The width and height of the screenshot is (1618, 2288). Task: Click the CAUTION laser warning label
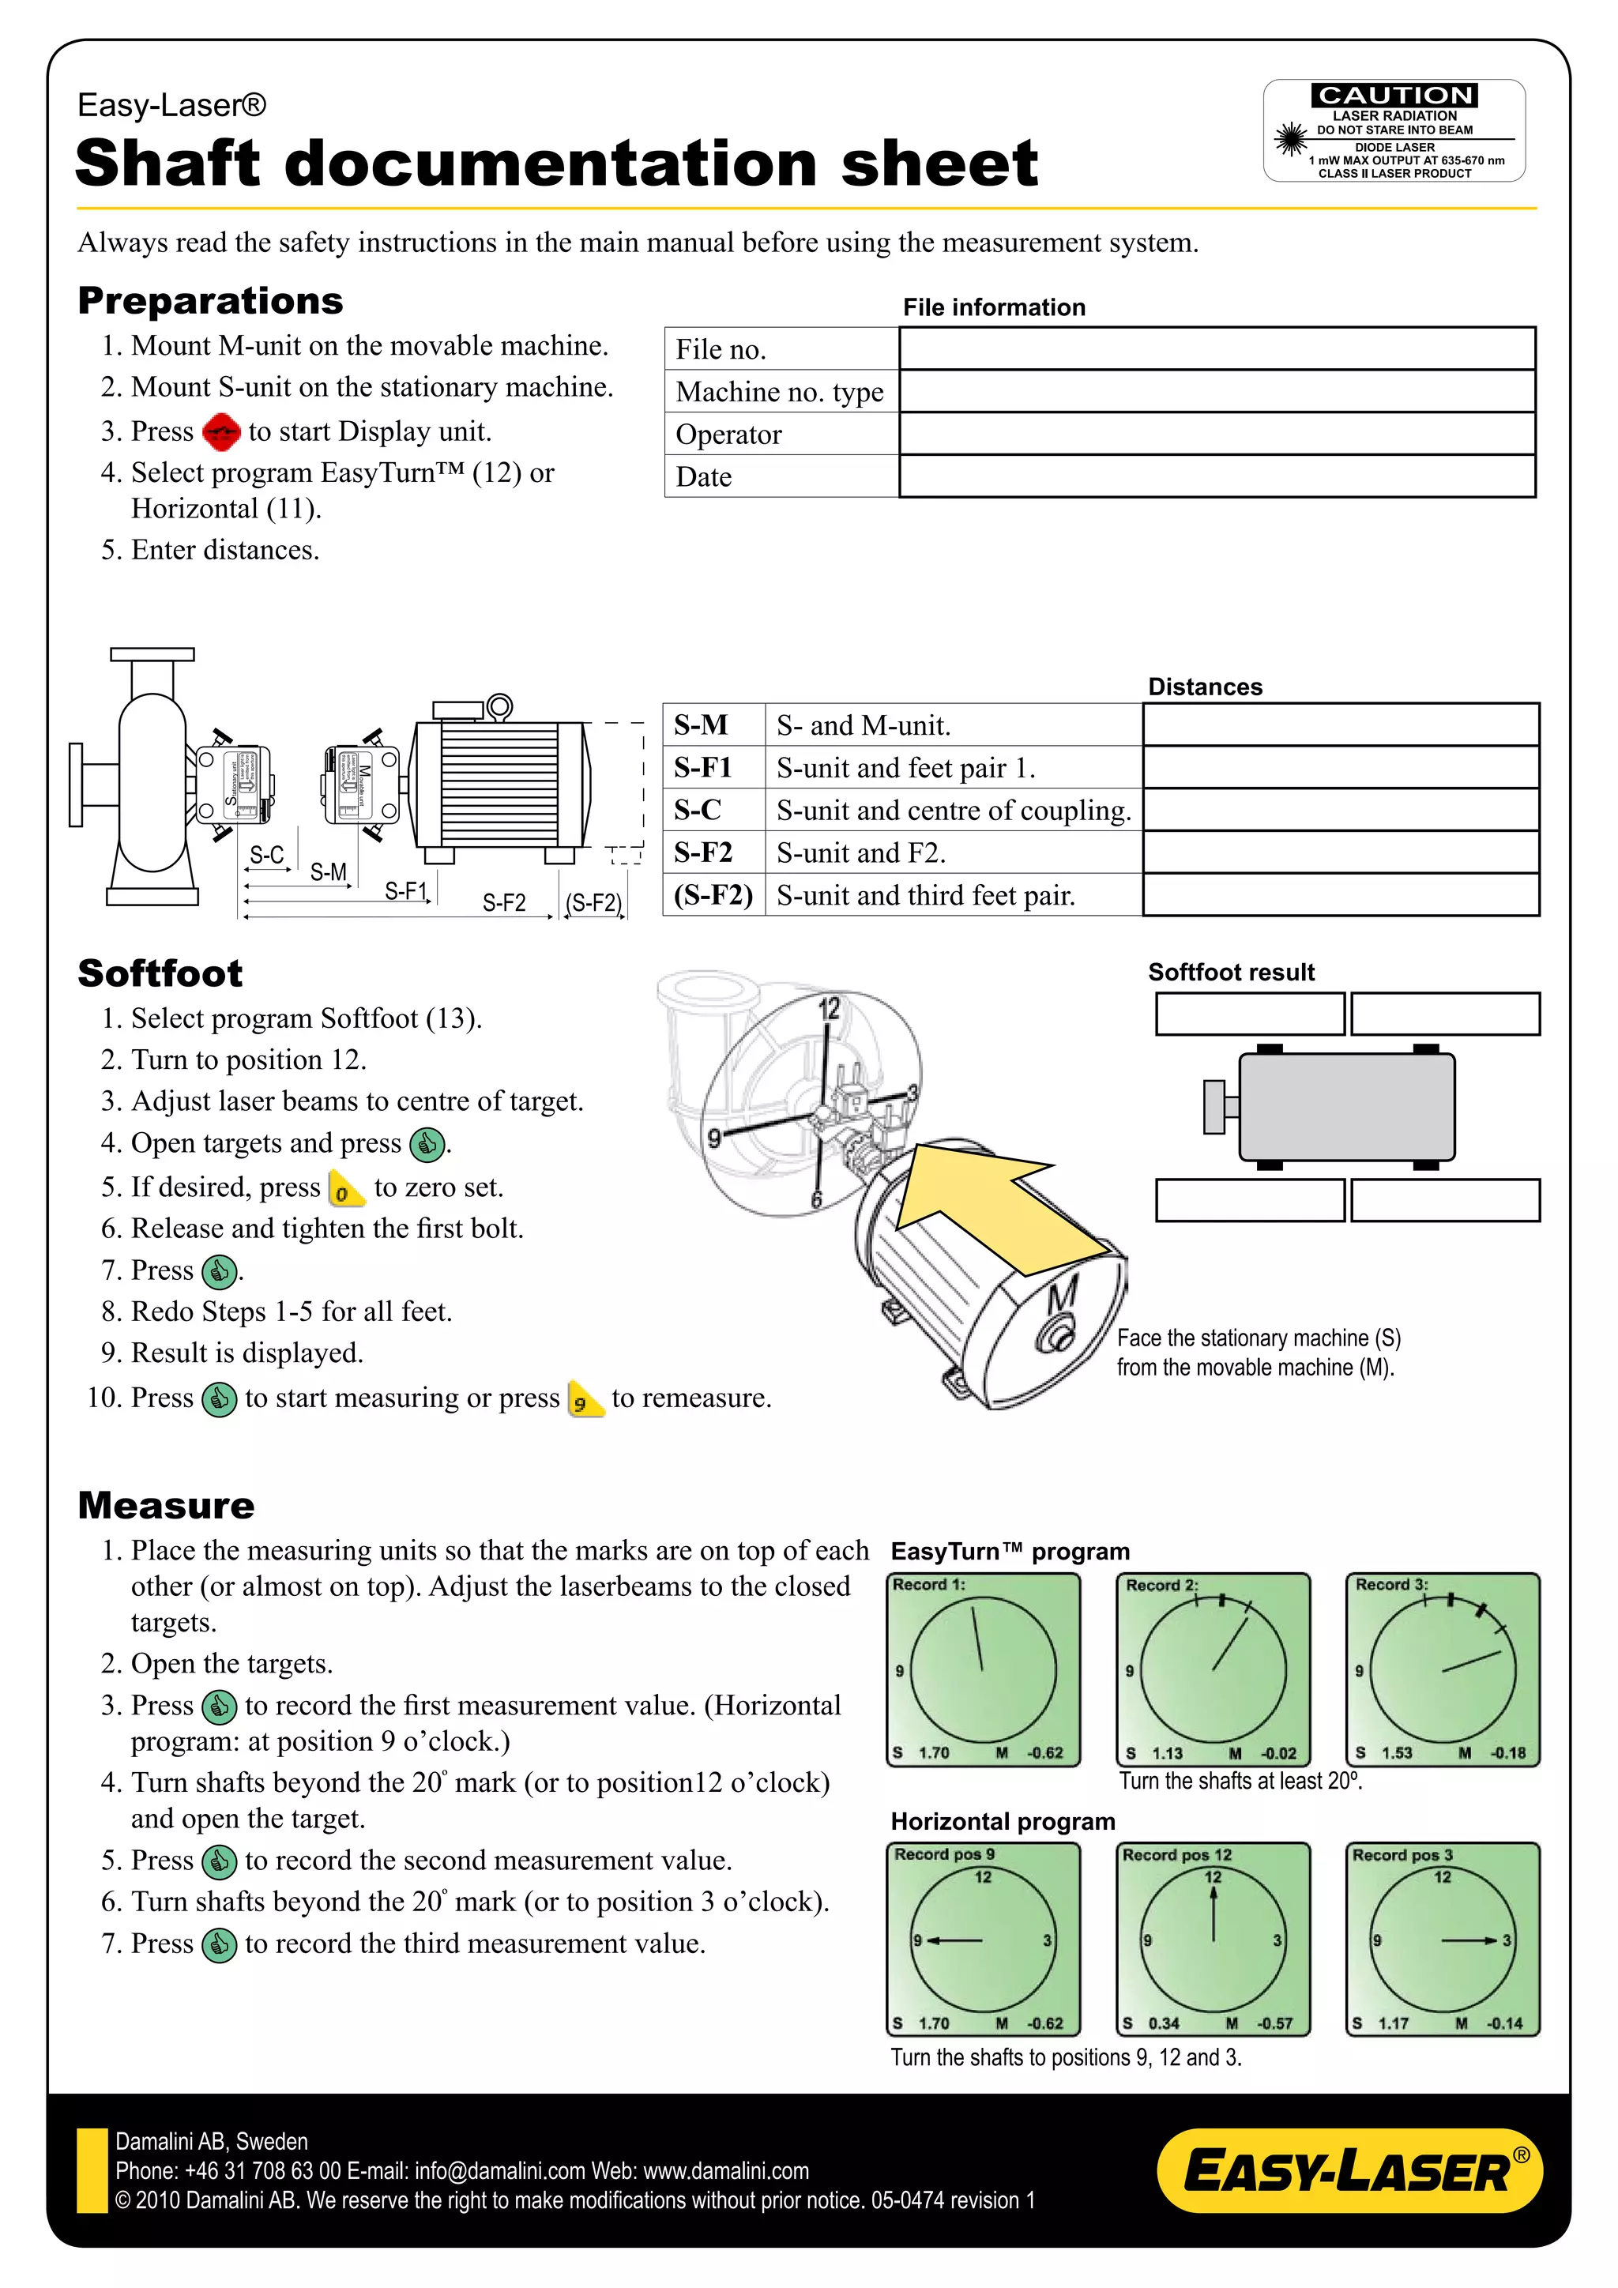pos(1394,130)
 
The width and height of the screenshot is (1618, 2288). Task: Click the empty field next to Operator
pos(1217,434)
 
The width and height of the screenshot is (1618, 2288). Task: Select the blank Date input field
pos(1217,476)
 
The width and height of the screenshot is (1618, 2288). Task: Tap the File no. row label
pos(721,350)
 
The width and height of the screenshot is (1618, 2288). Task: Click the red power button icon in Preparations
pos(220,431)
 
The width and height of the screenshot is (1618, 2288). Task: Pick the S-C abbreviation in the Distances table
pos(698,810)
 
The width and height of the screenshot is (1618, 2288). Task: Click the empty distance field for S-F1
pos(1340,767)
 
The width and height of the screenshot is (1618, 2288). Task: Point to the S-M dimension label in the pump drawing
pos(328,872)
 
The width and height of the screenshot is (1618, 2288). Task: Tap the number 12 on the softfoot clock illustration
pos(829,1008)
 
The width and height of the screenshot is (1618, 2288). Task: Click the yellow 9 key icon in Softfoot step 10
pos(584,1399)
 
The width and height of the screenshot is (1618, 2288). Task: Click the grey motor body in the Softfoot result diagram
pos(1346,1106)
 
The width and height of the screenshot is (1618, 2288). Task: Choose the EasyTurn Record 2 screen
pos(1213,1669)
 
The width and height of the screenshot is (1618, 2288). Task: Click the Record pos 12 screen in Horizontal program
pos(1213,1938)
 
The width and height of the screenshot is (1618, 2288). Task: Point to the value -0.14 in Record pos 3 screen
pos(1504,2023)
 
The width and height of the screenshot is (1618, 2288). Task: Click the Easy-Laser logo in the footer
pos(1349,2170)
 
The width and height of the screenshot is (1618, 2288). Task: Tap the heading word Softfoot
pos(160,973)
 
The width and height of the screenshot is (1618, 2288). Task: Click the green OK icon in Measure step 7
pos(218,1944)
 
